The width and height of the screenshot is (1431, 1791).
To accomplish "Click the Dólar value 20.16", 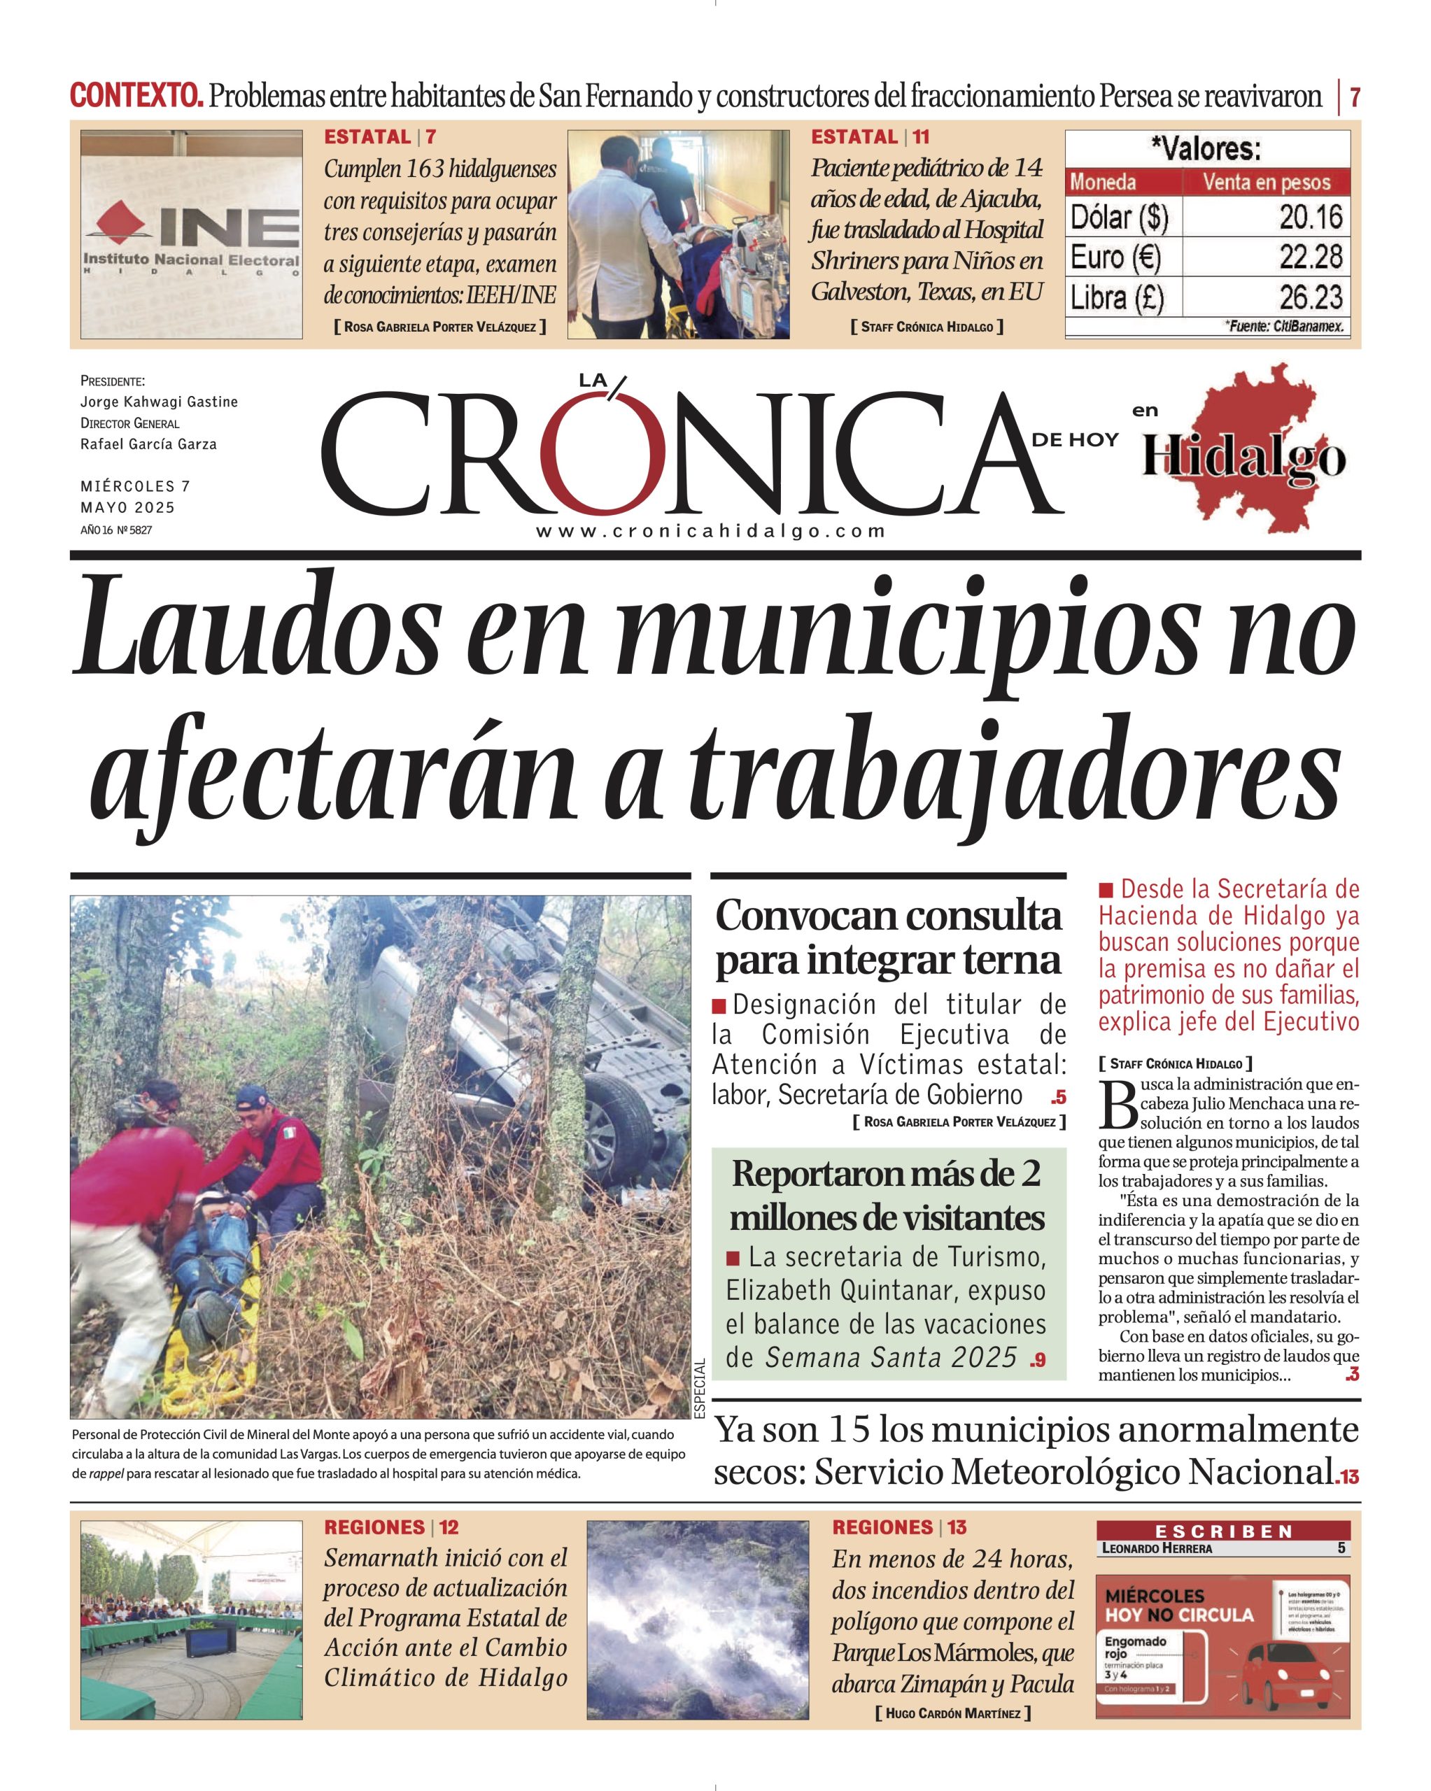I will pyautogui.click(x=1311, y=217).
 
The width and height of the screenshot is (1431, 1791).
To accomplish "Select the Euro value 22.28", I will pyautogui.click(x=1311, y=257).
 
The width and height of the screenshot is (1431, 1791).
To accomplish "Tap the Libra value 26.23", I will pyautogui.click(x=1311, y=297).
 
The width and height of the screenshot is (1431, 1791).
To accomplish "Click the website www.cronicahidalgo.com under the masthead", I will pyautogui.click(x=710, y=532).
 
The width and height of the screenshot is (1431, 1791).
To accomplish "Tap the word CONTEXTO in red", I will pyautogui.click(x=136, y=97).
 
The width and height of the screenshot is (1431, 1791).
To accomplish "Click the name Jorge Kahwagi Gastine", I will pyautogui.click(x=159, y=402).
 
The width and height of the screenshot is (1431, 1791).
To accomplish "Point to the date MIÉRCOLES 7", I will pyautogui.click(x=136, y=486).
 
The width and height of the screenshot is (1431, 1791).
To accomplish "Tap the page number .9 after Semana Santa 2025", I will pyautogui.click(x=1037, y=1361).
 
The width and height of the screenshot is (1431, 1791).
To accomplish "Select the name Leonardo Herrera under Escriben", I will pyautogui.click(x=1157, y=1548).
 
